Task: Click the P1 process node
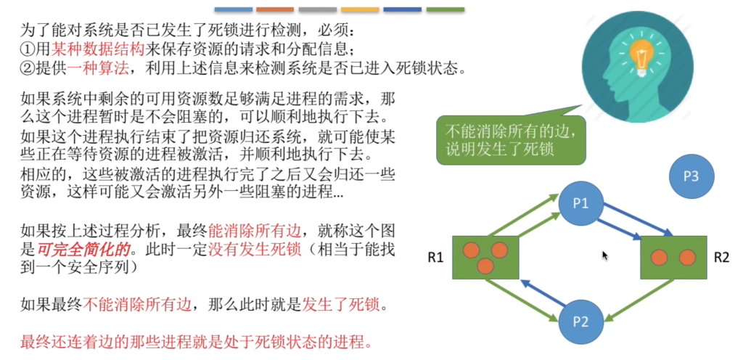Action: [580, 204]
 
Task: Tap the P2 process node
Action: [580, 322]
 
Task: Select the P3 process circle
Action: [691, 176]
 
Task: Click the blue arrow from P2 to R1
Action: [543, 292]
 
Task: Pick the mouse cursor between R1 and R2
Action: [605, 255]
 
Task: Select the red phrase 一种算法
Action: [98, 68]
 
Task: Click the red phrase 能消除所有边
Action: [255, 231]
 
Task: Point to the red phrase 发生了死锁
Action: [340, 305]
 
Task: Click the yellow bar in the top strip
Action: [360, 9]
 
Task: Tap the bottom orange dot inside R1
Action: [485, 266]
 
